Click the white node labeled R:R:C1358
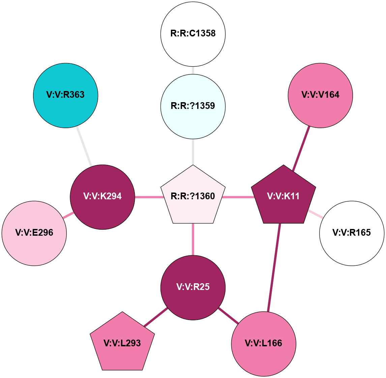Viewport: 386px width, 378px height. pos(193,34)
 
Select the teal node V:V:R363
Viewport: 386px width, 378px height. pos(65,95)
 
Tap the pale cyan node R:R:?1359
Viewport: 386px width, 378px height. pos(193,106)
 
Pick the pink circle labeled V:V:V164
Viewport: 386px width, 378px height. pos(320,95)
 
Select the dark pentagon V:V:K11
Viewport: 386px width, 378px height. pos(284,196)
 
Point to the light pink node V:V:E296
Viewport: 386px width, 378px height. pos(34,233)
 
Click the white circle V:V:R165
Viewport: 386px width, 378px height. pos(352,233)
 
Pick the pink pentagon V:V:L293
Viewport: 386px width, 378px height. pos(122,344)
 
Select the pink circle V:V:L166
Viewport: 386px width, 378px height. pos(264,344)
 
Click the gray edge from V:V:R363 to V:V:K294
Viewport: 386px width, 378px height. pos(84,146)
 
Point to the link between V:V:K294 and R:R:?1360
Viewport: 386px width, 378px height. pos(148,197)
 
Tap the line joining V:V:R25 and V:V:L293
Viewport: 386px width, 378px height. pos(156,317)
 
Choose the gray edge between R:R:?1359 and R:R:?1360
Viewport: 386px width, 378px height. pos(193,152)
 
